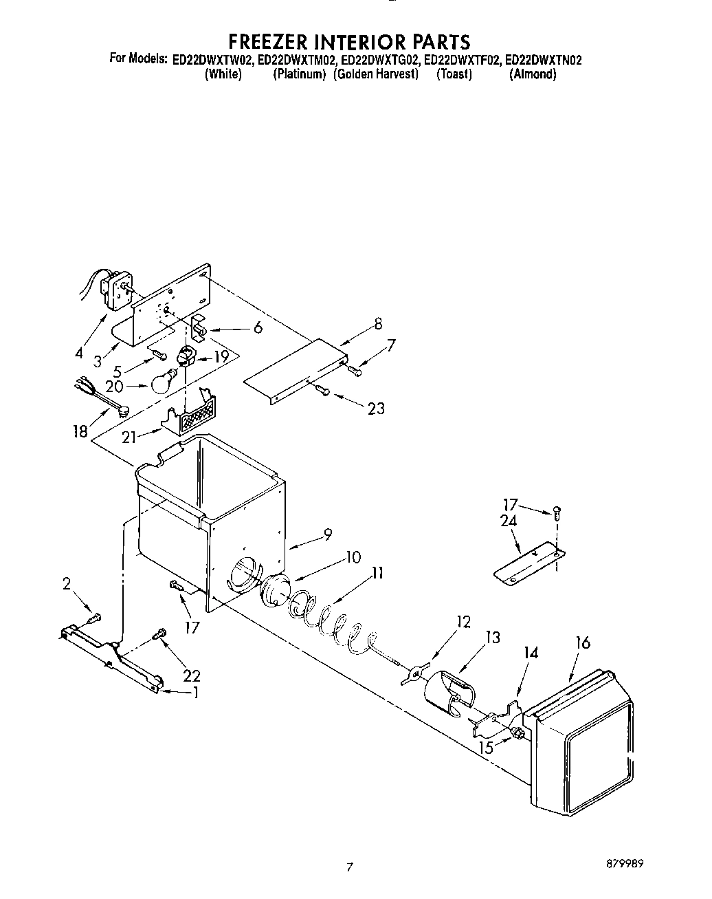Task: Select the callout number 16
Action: (x=583, y=643)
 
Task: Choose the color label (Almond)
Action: (x=532, y=74)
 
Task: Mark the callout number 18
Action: (x=80, y=431)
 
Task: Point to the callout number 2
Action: (x=66, y=584)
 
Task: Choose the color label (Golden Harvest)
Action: (x=376, y=74)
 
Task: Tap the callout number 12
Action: (x=463, y=622)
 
